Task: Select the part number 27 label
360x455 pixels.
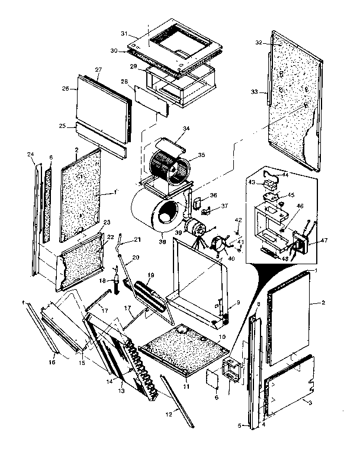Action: click(98, 70)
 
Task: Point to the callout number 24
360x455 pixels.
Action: click(30, 155)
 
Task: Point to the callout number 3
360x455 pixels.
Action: click(309, 401)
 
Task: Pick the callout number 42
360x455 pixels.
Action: click(238, 220)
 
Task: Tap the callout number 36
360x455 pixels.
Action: click(213, 195)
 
